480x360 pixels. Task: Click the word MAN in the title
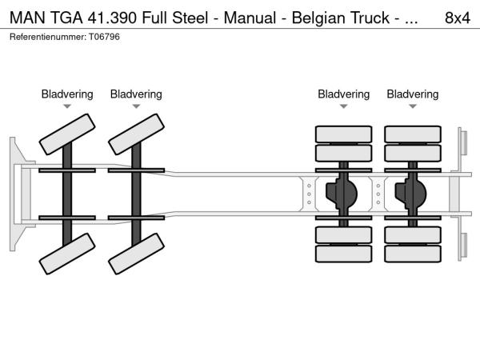pyautogui.click(x=25, y=16)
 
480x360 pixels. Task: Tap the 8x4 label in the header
pyautogui.click(x=456, y=16)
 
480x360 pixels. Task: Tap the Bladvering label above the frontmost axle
pyautogui.click(x=67, y=94)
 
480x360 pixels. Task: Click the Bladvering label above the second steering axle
pyautogui.click(x=136, y=94)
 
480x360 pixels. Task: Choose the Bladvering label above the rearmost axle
pyautogui.click(x=413, y=94)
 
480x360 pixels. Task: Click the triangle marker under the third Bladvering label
pyautogui.click(x=344, y=106)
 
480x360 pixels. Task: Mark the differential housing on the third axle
pyautogui.click(x=344, y=193)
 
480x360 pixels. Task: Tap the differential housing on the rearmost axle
pyautogui.click(x=413, y=193)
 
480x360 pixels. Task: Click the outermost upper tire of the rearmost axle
pyautogui.click(x=413, y=134)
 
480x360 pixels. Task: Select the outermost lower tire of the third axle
pyautogui.click(x=344, y=254)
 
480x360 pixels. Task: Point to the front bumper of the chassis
pyautogui.click(x=17, y=194)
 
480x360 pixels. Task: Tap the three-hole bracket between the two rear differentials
pyautogui.click(x=378, y=193)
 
